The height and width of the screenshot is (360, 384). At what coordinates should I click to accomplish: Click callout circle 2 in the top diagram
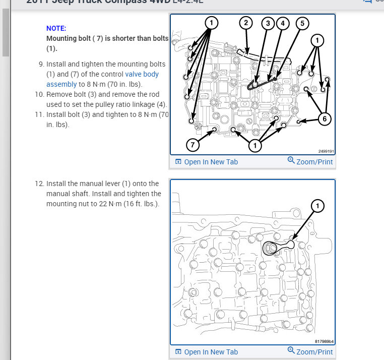[x=245, y=23]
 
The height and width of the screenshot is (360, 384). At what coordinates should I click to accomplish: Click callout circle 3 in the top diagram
[x=268, y=23]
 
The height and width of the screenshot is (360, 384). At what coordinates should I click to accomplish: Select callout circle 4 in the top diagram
[x=282, y=23]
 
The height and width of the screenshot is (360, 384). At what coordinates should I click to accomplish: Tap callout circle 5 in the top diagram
[x=301, y=23]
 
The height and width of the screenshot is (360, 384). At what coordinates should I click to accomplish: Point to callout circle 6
[x=325, y=119]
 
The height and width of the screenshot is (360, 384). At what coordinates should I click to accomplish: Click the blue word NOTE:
[x=56, y=28]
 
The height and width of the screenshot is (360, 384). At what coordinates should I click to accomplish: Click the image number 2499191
[x=326, y=151]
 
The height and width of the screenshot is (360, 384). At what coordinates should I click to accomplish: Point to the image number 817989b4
[x=325, y=341]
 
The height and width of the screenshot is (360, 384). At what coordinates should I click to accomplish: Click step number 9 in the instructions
[x=41, y=65]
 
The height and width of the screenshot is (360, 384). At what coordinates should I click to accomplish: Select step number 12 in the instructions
[x=39, y=184]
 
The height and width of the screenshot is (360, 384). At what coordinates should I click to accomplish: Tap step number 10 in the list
[x=39, y=94]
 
